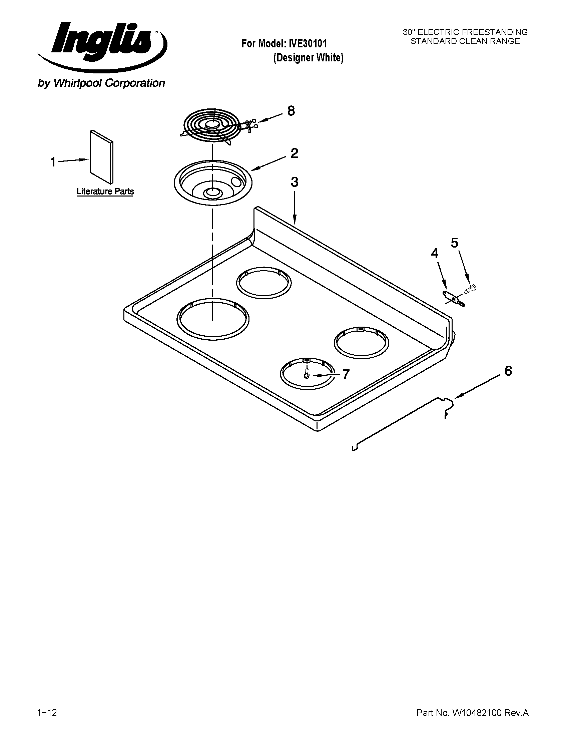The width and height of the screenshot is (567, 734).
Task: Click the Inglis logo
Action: coord(101,44)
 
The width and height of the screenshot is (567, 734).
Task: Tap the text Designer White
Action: coord(308,58)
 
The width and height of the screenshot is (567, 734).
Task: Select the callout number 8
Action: coord(291,111)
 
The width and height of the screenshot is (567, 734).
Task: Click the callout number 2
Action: coord(294,153)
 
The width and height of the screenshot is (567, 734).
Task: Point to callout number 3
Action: coord(294,182)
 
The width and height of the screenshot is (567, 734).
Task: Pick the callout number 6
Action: coord(508,371)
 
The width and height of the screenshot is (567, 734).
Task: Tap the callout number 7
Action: coord(346,374)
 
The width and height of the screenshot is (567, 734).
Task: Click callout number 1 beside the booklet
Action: coord(53,162)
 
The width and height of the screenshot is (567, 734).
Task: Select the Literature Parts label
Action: coord(105,192)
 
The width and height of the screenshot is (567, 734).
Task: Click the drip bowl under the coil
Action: coord(213,183)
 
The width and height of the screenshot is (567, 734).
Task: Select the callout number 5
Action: coord(454,243)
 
